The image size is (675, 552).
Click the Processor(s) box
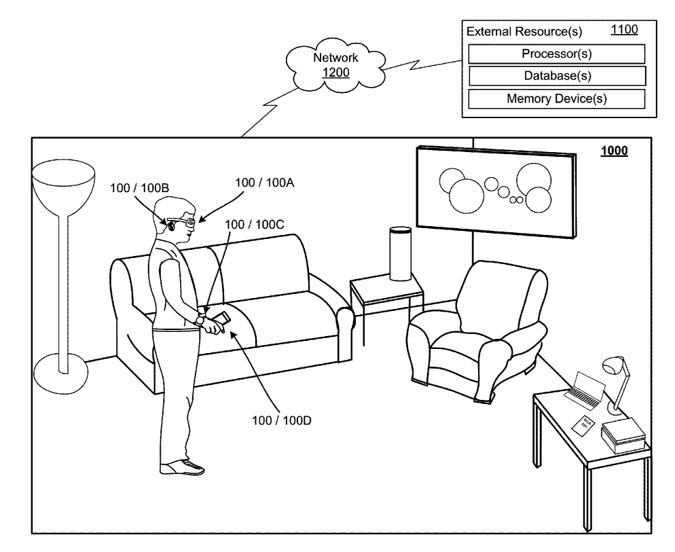(555, 54)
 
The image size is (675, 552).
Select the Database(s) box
(555, 75)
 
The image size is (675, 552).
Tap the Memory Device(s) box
(555, 98)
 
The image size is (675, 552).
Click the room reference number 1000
(614, 151)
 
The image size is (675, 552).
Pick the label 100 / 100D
(283, 420)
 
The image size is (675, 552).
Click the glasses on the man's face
(184, 221)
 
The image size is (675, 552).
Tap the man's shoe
(183, 467)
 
